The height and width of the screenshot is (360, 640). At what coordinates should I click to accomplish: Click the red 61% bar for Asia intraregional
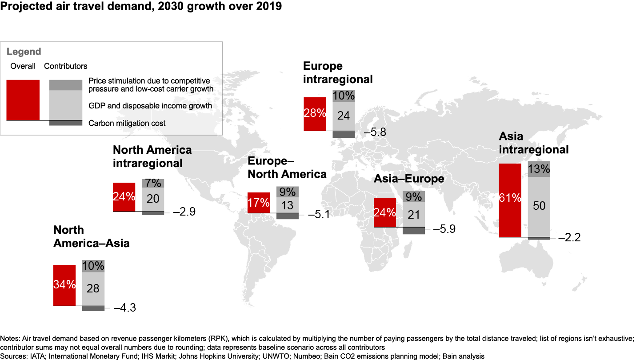point(510,200)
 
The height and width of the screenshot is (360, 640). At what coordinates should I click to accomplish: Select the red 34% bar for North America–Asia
point(64,285)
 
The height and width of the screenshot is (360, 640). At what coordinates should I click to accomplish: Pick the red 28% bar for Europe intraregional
point(315,114)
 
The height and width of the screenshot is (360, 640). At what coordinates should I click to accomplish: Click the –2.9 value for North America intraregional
point(184,212)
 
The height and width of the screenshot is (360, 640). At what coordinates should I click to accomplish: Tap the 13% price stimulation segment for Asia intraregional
point(539,169)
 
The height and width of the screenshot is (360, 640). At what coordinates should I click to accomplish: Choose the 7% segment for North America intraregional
point(153,183)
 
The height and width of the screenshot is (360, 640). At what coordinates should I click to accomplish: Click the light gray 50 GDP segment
point(539,207)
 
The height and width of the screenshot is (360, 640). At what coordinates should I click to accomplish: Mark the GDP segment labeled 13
point(288,205)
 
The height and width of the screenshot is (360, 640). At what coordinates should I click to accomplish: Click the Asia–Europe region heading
point(409,179)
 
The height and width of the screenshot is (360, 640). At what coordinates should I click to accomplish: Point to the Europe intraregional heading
point(337,72)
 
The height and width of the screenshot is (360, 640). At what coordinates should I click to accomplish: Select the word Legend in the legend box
point(24,52)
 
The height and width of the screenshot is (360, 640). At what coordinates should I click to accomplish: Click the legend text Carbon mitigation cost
point(127,123)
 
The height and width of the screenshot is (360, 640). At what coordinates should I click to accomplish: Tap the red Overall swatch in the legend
point(23,100)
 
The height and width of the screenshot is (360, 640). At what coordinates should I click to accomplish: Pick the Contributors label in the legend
point(66,66)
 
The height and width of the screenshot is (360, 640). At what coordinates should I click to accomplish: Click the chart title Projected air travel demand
point(141,7)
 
